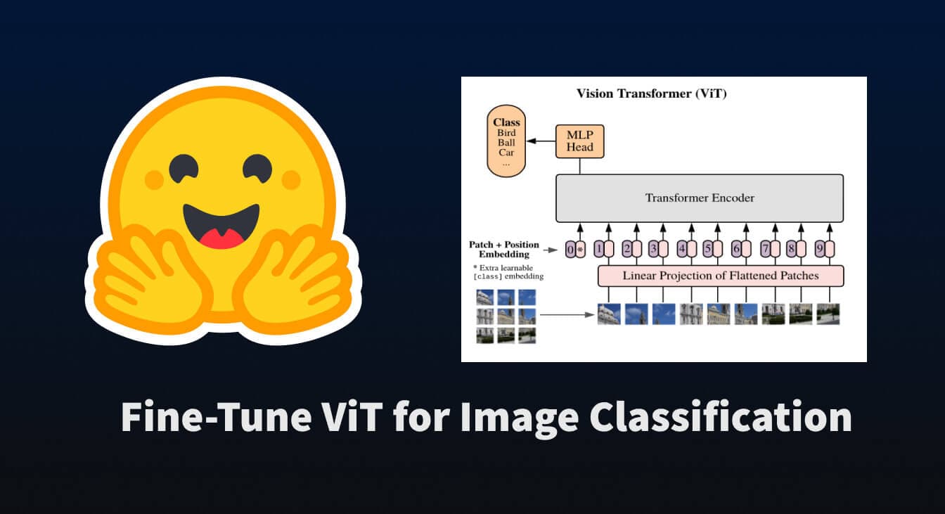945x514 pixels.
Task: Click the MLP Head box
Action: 579,141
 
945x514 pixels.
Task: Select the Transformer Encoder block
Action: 700,198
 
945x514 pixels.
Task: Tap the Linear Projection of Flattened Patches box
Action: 721,276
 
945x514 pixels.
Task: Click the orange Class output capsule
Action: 506,141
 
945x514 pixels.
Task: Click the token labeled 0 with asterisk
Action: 575,250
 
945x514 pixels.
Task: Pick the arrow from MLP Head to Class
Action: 541,141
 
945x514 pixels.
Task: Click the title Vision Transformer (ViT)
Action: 651,94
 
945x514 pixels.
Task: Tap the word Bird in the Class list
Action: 506,132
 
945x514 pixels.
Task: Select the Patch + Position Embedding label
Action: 504,249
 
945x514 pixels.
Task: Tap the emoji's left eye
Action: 184,169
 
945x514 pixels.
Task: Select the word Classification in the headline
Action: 721,417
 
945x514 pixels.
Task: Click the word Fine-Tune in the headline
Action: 216,417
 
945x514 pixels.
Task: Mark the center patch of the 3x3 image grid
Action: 506,316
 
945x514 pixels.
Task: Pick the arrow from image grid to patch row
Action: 567,315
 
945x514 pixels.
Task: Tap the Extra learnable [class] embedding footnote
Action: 508,272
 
